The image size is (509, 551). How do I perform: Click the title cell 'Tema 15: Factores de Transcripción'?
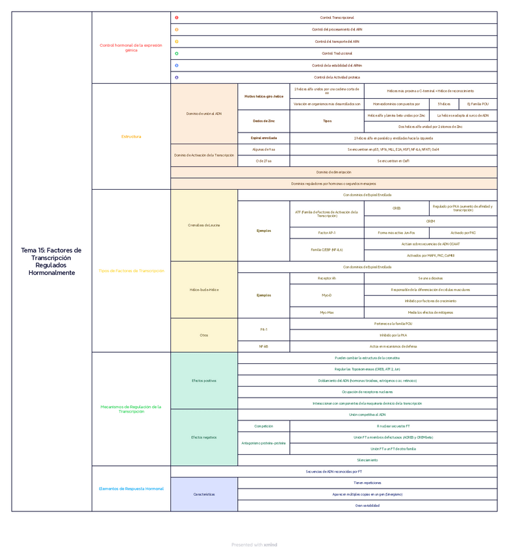tap(51, 261)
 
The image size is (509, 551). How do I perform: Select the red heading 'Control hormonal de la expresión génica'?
tap(131, 47)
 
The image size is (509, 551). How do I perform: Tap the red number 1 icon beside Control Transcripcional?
tap(177, 18)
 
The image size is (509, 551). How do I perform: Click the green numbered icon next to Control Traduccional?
tap(177, 53)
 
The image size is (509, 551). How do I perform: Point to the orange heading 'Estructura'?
tap(131, 136)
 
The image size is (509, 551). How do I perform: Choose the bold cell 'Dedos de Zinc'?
tap(263, 121)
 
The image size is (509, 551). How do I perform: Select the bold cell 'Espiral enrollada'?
tap(263, 138)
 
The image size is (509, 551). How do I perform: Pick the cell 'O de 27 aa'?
tap(263, 160)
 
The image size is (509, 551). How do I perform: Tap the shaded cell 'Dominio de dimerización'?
tap(333, 172)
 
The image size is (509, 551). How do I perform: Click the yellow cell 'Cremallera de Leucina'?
tap(203, 225)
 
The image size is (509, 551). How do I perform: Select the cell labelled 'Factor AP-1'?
tap(327, 232)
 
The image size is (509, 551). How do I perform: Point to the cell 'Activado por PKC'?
tap(463, 232)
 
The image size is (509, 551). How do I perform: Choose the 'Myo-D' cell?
tap(327, 295)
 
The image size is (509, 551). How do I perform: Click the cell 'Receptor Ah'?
tap(327, 277)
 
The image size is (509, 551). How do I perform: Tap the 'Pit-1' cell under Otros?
tap(263, 329)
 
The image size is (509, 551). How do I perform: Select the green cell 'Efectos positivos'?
tap(203, 380)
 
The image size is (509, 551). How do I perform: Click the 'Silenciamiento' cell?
tap(367, 460)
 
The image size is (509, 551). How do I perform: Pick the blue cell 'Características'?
tap(203, 494)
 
